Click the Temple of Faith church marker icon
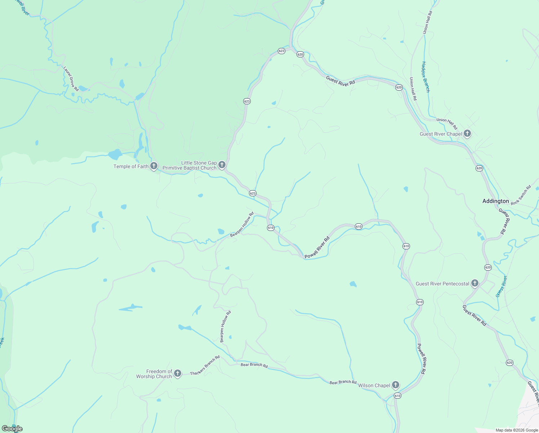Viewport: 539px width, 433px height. pos(154,166)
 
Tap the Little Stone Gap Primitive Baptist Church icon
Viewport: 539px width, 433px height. pos(222,165)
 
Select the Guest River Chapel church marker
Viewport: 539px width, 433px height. pos(467,134)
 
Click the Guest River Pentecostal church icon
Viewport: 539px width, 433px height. pos(475,283)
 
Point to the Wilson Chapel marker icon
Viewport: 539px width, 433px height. pos(396,385)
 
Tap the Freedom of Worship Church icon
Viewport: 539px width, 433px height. pos(177,373)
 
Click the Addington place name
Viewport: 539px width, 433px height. pos(495,201)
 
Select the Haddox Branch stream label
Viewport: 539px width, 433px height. pos(426,77)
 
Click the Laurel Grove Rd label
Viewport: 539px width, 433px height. pos(71,78)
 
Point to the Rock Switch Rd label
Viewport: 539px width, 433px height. pos(521,195)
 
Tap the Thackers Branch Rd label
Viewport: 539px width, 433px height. pos(205,366)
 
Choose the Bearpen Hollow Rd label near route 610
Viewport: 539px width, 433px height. pos(242,224)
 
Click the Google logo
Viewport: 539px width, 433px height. pos(12,428)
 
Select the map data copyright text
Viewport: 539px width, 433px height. pos(517,430)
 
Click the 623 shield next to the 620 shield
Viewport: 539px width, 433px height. pos(281,51)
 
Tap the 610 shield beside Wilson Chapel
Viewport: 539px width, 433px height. pos(397,396)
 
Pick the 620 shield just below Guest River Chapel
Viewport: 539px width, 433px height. pos(479,168)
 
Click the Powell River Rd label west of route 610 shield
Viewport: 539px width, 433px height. pos(317,248)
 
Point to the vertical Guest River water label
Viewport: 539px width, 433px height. pos(501,286)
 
